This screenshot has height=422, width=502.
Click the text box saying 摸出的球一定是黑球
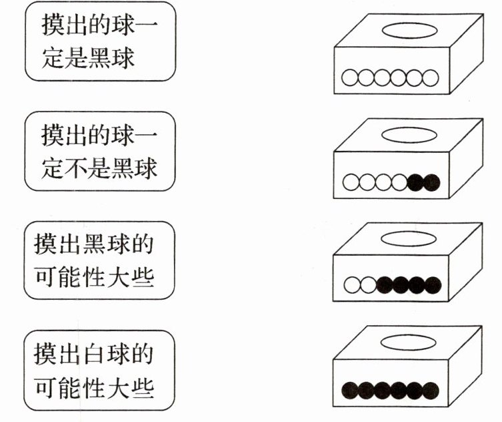(100, 41)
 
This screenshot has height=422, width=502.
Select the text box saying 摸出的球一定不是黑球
(100, 150)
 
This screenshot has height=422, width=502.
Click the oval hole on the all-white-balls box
(409, 29)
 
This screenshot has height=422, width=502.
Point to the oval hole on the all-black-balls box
(409, 341)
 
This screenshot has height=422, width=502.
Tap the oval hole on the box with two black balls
(409, 134)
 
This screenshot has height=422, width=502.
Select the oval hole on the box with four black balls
(409, 238)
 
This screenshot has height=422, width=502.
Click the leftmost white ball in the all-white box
(350, 78)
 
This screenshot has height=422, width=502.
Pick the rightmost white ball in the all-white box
(431, 78)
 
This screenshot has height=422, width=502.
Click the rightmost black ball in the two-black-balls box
(431, 182)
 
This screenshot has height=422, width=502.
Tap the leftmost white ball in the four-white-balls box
(350, 182)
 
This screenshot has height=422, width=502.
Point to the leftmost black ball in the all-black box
(350, 390)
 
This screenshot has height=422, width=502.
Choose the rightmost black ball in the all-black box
(431, 390)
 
